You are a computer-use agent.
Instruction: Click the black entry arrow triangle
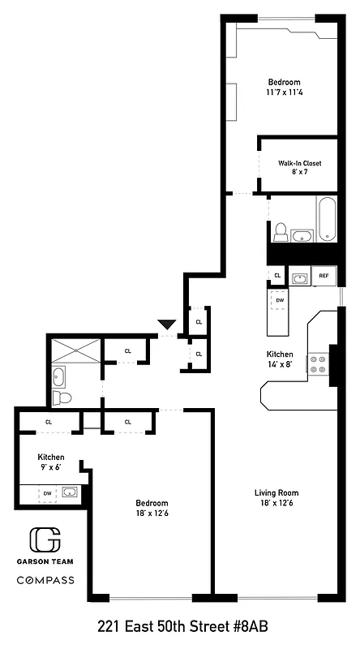pos(167,324)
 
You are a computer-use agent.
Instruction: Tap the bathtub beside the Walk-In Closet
pos(326,218)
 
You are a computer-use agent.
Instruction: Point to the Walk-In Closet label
pos(299,163)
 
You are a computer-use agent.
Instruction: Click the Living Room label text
pos(277,492)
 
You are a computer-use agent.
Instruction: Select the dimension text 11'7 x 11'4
pos(285,92)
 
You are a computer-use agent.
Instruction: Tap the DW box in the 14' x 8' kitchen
pos(280,300)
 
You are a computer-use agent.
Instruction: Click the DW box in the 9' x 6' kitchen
pos(48,492)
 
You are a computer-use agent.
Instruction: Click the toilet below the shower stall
pos(62,398)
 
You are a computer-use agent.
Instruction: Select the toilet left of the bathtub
pos(281,233)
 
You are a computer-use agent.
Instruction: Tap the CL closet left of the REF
pos(277,276)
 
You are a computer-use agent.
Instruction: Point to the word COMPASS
pos(45,580)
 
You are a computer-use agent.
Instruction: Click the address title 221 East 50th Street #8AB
pos(182,626)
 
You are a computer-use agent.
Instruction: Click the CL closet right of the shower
pos(127,350)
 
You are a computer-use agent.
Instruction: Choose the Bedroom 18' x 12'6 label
pos(152,507)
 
